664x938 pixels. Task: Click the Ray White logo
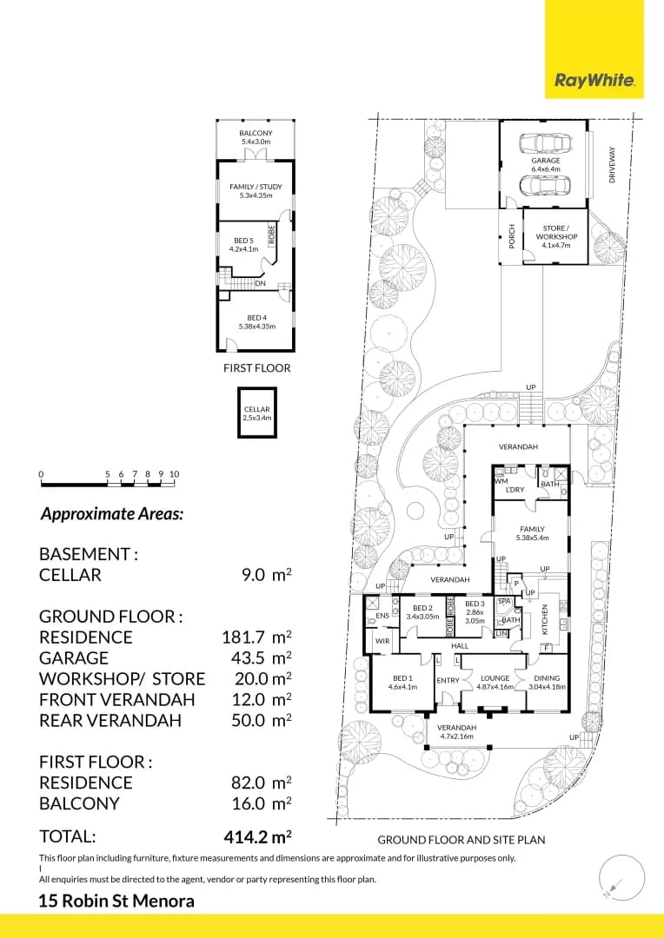594,81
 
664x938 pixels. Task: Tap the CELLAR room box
257,413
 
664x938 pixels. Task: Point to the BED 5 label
243,245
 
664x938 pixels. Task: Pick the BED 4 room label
256,322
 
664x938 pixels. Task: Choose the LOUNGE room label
495,679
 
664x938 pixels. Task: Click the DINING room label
547,679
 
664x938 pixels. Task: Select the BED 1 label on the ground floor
402,679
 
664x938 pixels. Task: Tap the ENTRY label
448,680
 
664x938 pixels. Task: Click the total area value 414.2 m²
257,837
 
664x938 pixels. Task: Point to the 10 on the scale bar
174,474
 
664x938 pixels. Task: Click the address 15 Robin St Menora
116,902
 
